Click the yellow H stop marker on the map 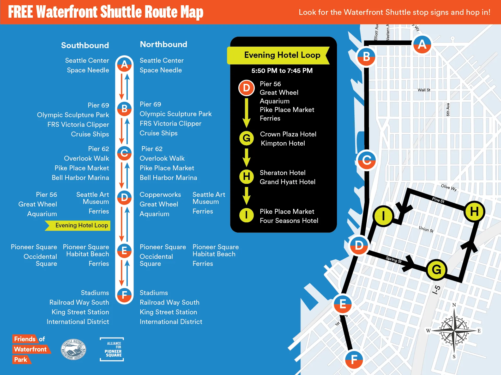[474, 211]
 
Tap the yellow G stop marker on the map [436, 270]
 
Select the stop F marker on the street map [354, 360]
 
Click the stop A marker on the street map [422, 45]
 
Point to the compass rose [454, 331]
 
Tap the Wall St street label [424, 90]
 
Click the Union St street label [426, 229]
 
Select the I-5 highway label [436, 290]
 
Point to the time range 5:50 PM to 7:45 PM [282, 71]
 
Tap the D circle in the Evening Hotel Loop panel [246, 88]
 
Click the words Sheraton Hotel [282, 173]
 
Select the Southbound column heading [85, 45]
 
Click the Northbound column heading [164, 44]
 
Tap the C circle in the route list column [124, 153]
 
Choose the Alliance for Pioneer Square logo [112, 349]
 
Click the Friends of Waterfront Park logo [31, 349]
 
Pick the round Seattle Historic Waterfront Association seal [73, 349]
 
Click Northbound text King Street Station [168, 312]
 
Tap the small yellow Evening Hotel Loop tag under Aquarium [78, 226]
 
